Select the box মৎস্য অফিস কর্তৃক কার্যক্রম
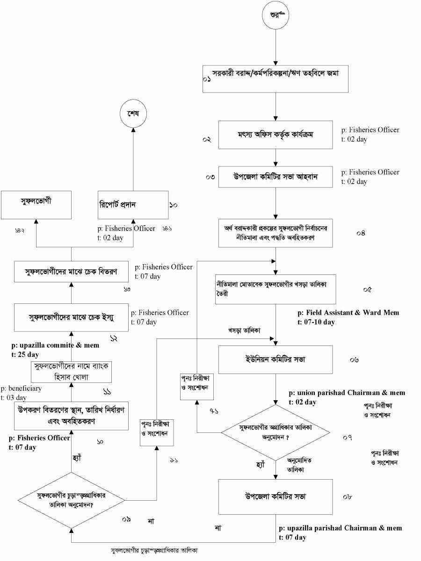tap(276, 135)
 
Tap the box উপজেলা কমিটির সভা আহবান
tap(276, 177)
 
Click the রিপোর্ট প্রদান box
tap(133, 205)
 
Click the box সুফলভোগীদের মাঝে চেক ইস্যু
tap(71, 317)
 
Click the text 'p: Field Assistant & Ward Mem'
tap(348, 312)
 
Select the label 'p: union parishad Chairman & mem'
tap(347, 393)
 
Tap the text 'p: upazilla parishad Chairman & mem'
tap(340, 528)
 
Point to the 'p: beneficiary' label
tap(21, 388)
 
